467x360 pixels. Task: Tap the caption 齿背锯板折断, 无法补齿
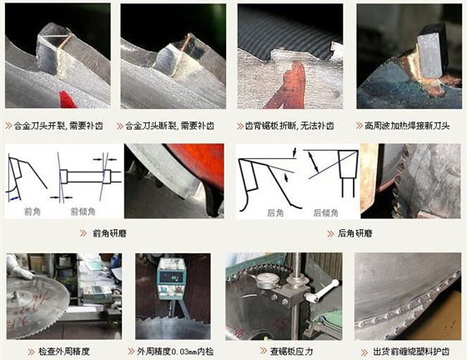click(293, 126)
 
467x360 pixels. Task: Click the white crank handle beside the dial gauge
click(323, 292)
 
